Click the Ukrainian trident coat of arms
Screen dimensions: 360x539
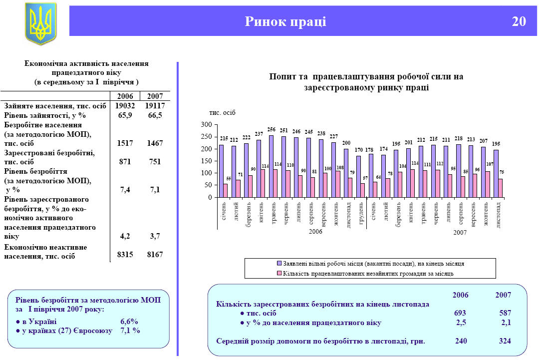40,23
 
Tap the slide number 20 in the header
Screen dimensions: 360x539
519,21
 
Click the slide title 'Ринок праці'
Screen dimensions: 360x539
285,21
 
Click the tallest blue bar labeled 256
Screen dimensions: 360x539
271,166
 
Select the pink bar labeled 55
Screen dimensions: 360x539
226,190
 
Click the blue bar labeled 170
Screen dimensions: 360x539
358,176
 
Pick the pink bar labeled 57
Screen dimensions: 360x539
363,190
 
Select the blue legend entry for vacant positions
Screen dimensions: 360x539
370,263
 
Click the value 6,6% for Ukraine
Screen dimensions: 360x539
129,322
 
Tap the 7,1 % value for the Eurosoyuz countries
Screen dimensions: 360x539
130,331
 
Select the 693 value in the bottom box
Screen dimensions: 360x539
460,313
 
